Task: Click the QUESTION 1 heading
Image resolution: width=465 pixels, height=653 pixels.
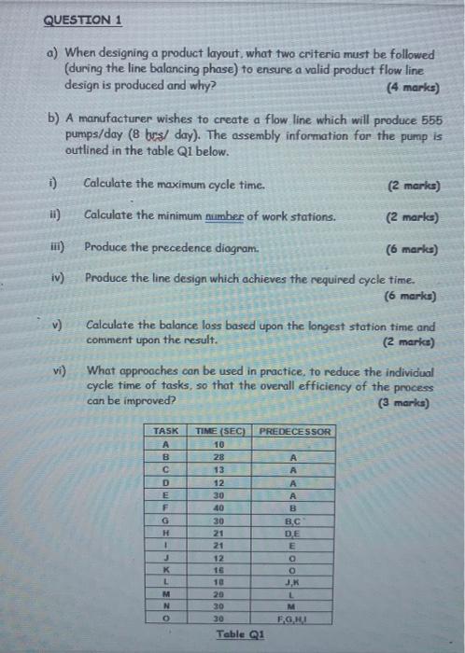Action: point(82,21)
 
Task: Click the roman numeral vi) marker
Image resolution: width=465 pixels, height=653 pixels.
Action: point(59,370)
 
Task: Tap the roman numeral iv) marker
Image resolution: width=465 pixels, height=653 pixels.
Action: point(59,278)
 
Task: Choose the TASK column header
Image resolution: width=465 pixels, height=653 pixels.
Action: point(165,432)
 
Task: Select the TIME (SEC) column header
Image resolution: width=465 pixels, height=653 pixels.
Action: point(218,432)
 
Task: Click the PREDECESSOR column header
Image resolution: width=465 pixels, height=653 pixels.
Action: point(293,432)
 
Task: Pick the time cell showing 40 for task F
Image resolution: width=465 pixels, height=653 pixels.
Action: point(218,507)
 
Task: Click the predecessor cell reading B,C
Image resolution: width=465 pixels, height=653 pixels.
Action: point(293,521)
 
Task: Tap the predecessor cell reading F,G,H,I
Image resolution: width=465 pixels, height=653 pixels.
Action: point(293,618)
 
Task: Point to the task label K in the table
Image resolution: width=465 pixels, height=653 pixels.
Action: point(165,568)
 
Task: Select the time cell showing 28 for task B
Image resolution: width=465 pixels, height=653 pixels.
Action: point(218,458)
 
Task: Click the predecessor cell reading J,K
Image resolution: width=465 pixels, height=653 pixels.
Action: point(293,580)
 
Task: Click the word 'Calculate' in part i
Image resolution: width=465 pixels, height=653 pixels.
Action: point(111,184)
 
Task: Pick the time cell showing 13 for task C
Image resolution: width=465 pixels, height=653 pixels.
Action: point(218,470)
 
